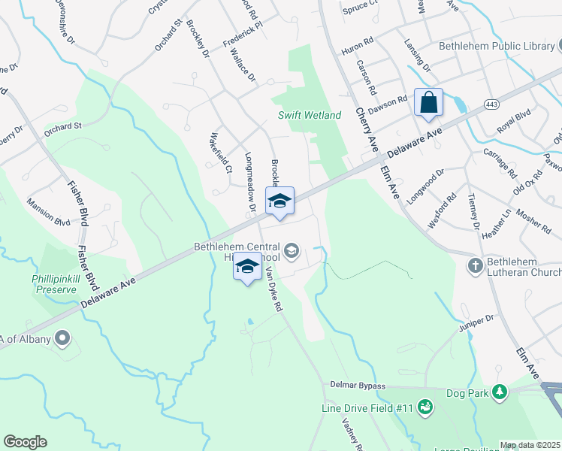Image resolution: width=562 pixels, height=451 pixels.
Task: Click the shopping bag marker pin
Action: (428, 103)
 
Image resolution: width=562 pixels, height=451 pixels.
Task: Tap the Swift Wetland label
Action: (310, 115)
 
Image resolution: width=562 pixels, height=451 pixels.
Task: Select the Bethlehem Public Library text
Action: (496, 47)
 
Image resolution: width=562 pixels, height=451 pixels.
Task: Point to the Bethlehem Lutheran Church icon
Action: (475, 265)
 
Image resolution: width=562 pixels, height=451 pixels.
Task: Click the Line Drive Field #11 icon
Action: (425, 407)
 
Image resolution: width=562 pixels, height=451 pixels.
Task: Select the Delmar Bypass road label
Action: (357, 386)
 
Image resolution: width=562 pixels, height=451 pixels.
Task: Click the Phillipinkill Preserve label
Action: (54, 283)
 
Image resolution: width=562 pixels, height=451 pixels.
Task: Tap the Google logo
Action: (25, 441)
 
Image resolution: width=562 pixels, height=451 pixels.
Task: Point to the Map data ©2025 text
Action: (530, 445)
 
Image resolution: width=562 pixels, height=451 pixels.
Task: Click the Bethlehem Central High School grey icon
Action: (291, 250)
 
